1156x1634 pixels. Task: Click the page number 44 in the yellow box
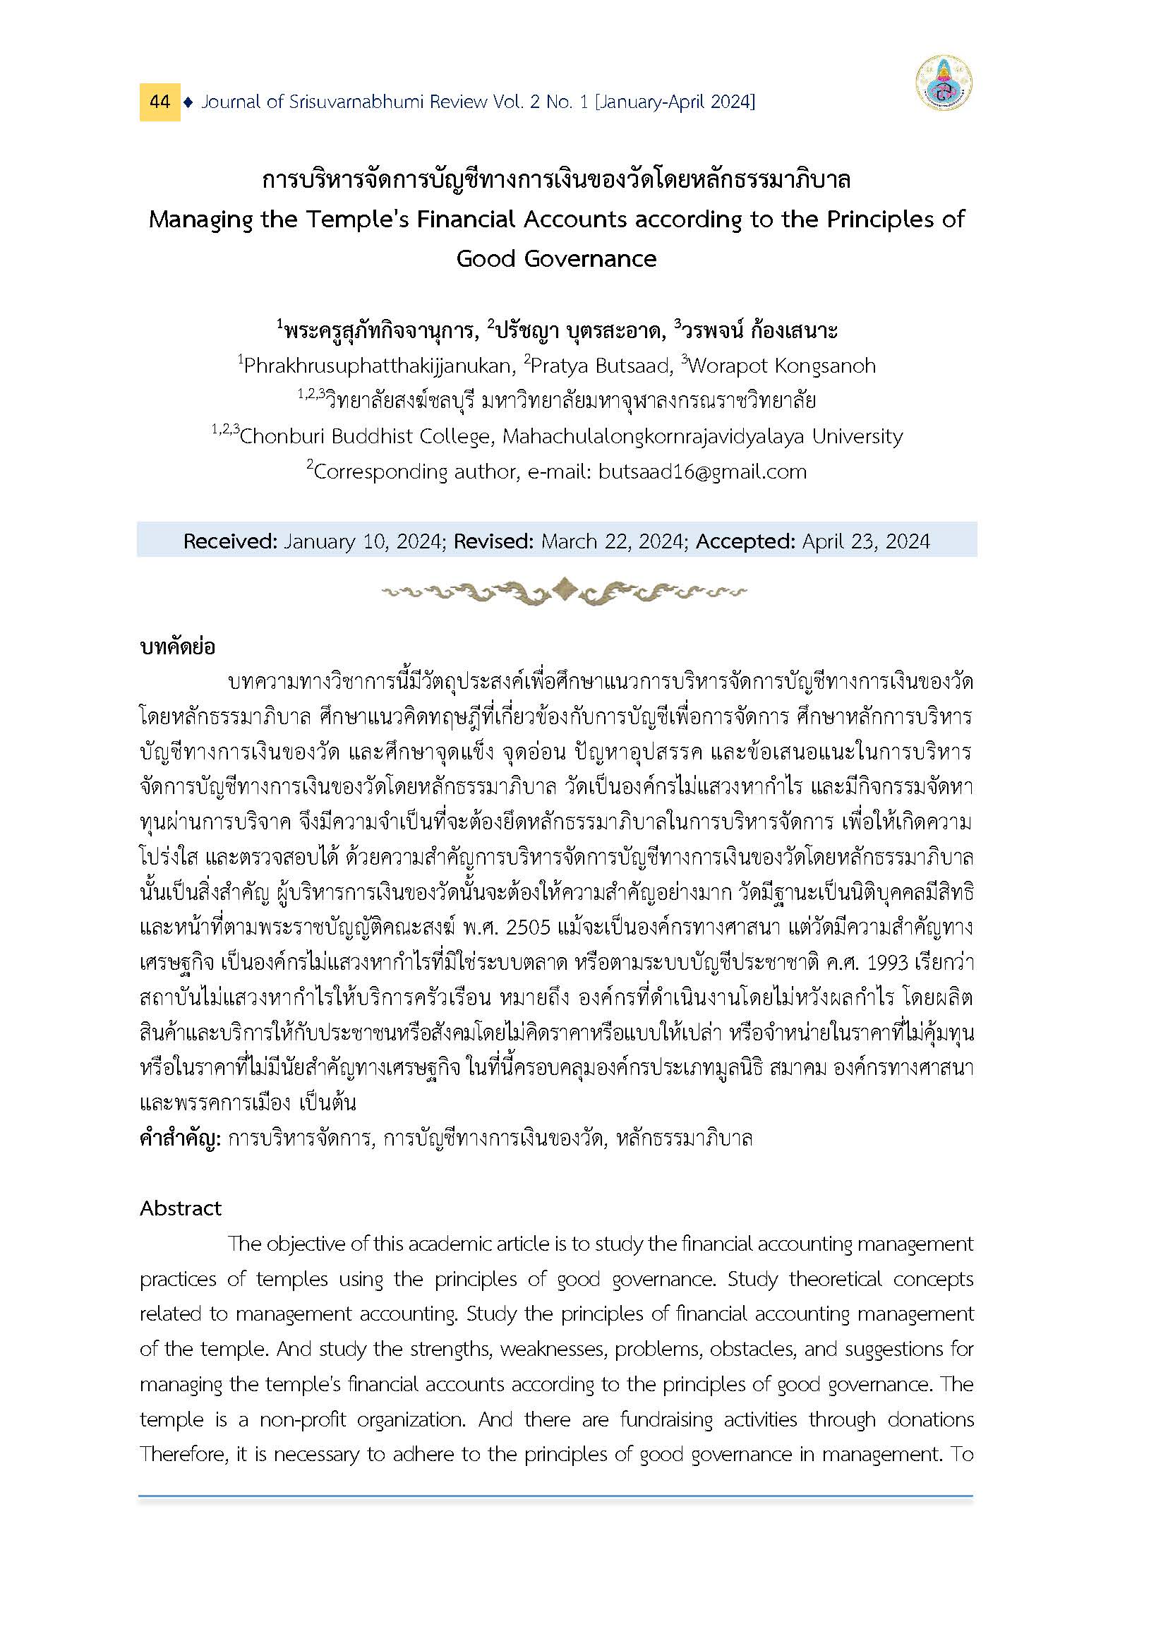tap(159, 102)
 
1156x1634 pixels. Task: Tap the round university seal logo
tap(944, 83)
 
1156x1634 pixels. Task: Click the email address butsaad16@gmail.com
tap(702, 472)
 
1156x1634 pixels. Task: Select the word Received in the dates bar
tap(229, 542)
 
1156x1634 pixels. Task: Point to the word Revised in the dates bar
tap(493, 542)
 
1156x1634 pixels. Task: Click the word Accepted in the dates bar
tap(745, 542)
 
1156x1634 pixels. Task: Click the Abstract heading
tap(180, 1209)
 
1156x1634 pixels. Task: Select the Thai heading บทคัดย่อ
tap(177, 647)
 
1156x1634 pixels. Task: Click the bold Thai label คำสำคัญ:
tap(181, 1139)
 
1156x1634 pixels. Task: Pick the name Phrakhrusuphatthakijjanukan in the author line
tap(378, 366)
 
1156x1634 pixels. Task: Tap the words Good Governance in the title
tap(556, 258)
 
